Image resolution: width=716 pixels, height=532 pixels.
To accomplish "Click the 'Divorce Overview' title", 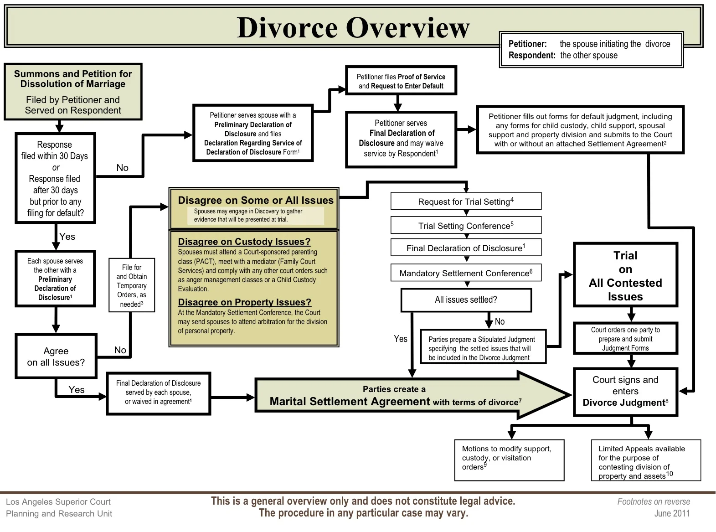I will click(353, 28).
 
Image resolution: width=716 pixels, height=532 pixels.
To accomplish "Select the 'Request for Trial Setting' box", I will click(466, 201).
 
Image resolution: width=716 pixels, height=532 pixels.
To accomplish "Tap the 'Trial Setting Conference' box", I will click(466, 225).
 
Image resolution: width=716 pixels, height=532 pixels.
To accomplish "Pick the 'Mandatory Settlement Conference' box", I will click(466, 273).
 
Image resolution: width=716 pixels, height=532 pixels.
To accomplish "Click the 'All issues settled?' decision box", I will click(466, 300).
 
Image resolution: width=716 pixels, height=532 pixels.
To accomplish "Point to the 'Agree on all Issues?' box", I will click(56, 356).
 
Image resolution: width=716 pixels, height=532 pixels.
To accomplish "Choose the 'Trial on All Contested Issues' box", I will click(625, 275).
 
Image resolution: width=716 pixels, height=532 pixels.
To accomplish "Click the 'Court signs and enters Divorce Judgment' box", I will click(625, 392).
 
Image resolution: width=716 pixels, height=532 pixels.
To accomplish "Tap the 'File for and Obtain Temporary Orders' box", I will click(132, 285).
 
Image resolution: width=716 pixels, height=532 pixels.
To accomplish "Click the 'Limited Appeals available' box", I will click(646, 460).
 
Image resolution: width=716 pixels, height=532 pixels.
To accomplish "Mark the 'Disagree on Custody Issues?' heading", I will click(244, 242).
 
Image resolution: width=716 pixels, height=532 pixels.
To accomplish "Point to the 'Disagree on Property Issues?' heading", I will click(244, 302).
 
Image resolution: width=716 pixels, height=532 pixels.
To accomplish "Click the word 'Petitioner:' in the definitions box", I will click(527, 44).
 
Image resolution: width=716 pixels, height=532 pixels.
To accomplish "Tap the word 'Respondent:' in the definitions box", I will click(532, 56).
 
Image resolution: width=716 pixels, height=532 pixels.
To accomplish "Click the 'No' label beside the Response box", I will click(123, 168).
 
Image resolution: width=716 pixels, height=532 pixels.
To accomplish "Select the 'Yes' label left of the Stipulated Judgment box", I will click(401, 339).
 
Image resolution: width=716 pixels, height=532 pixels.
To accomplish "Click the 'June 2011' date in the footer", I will click(672, 513).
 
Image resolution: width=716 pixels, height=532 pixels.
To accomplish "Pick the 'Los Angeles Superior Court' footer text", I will click(58, 502).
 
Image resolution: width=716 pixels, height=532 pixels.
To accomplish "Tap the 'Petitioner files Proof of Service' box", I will click(401, 81).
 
